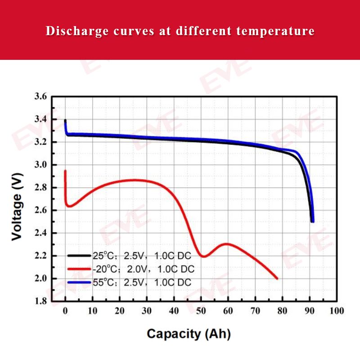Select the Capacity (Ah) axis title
tap(189, 334)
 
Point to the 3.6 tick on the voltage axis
tap(40, 97)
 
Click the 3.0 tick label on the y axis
tap(40, 165)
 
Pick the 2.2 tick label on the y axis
tap(40, 256)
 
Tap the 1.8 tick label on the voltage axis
tap(40, 301)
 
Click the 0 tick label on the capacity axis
tap(65, 311)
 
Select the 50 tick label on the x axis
tap(201, 311)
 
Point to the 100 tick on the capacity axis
tap(337, 311)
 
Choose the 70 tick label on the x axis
tap(255, 311)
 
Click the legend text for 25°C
tap(142, 256)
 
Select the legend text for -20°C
tap(144, 269)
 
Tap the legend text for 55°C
tap(142, 282)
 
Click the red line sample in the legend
tap(80, 269)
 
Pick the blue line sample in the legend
tap(80, 282)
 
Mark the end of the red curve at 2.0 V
tap(277, 279)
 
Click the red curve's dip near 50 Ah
tap(203, 256)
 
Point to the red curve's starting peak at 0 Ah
tap(65, 171)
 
